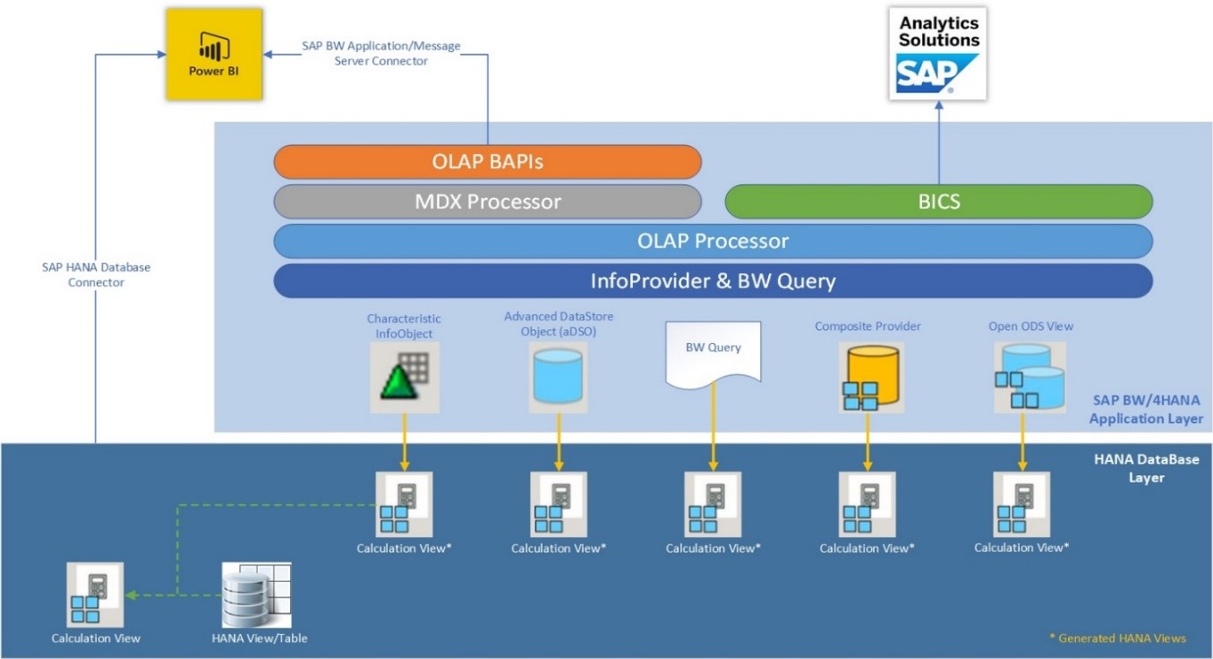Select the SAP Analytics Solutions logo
coord(938,52)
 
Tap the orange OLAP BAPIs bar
coord(487,161)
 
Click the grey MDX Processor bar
coord(487,201)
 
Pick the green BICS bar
coord(938,201)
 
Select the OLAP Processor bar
coord(713,241)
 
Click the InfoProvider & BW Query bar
coord(713,281)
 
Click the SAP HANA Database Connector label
coord(96,274)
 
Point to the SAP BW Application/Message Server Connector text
coord(380,53)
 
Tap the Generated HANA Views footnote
coord(1117,638)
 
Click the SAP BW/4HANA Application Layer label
coord(1145,408)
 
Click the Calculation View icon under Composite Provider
coord(867,504)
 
